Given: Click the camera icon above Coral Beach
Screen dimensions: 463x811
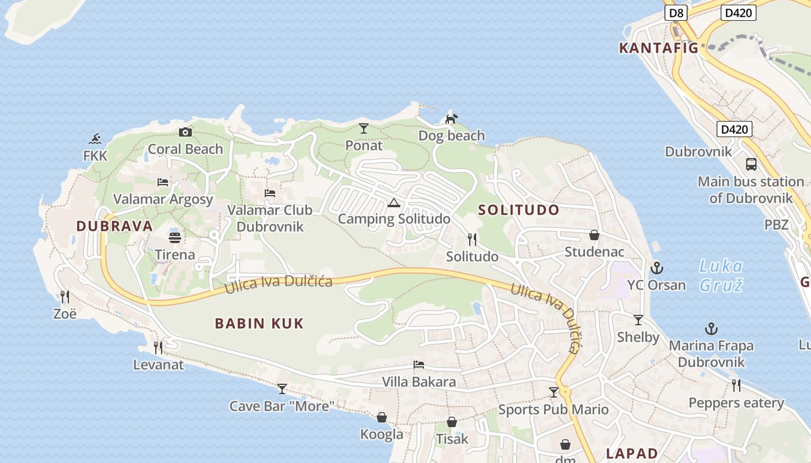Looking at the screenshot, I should pyautogui.click(x=185, y=133).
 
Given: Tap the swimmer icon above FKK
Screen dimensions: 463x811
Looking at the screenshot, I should pyautogui.click(x=96, y=139).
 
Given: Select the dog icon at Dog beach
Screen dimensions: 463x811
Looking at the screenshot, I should pyautogui.click(x=451, y=119).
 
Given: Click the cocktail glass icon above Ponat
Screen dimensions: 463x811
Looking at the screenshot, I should pyautogui.click(x=364, y=128).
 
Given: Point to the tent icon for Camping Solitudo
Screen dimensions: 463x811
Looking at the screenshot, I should pyautogui.click(x=394, y=203).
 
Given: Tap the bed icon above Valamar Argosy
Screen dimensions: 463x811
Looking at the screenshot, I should pyautogui.click(x=163, y=182).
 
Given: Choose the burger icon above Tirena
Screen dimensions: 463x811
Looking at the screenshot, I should pyautogui.click(x=175, y=237).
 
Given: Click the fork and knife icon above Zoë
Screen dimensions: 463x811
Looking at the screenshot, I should pyautogui.click(x=65, y=297).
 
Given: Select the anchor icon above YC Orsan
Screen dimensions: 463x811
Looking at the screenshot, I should pyautogui.click(x=656, y=268).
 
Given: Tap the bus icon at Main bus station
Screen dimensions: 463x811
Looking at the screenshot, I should pyautogui.click(x=751, y=164).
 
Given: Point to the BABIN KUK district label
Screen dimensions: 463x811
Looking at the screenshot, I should pyautogui.click(x=259, y=324).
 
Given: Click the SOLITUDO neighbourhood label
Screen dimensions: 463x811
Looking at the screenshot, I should pyautogui.click(x=519, y=210).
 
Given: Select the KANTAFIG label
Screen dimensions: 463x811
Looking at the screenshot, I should pyautogui.click(x=659, y=48).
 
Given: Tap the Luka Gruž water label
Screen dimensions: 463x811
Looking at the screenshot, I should pyautogui.click(x=721, y=275).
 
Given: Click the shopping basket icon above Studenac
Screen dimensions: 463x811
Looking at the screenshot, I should pyautogui.click(x=594, y=235).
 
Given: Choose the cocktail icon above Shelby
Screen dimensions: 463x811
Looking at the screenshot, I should pyautogui.click(x=638, y=320).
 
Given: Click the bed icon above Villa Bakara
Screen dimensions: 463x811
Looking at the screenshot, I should pyautogui.click(x=419, y=365).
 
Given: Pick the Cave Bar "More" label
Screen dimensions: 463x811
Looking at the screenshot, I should pyautogui.click(x=282, y=406).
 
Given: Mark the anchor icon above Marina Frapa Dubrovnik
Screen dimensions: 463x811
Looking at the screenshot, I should pyautogui.click(x=711, y=329).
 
